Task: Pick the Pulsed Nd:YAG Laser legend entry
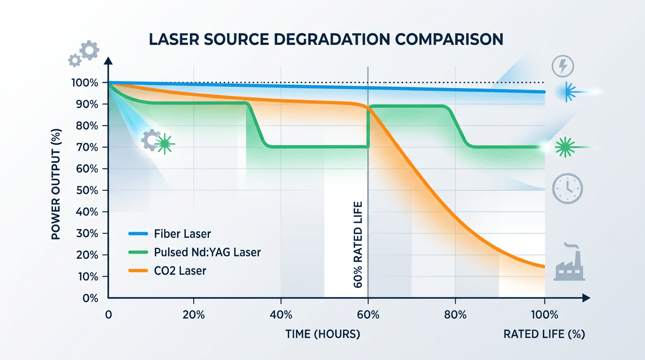[x=207, y=252]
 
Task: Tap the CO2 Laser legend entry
[x=180, y=270]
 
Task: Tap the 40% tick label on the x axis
[x=281, y=315]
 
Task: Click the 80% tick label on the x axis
[x=456, y=315]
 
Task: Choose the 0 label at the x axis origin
[x=109, y=315]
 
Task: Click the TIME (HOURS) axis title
[x=323, y=334]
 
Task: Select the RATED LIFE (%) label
[x=544, y=334]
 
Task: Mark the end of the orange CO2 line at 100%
[x=544, y=267]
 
